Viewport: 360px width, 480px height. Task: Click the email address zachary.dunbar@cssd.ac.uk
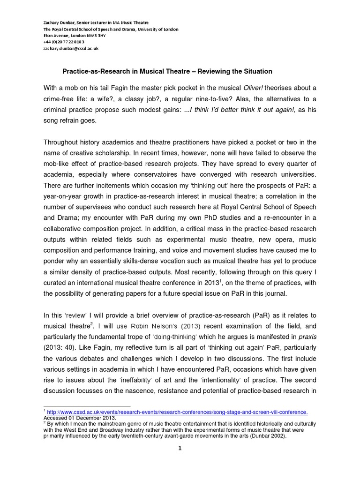71,48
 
